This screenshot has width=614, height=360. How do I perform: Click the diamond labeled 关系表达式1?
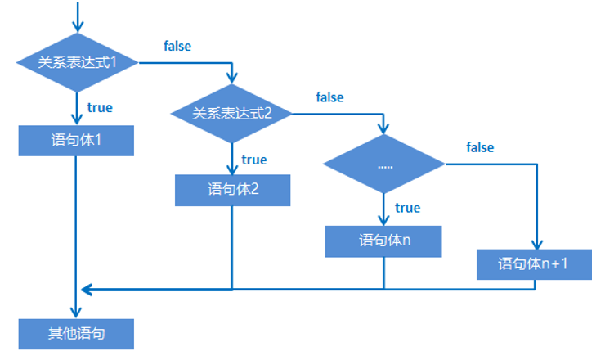click(x=77, y=62)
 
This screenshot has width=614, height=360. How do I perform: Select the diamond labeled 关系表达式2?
click(x=231, y=114)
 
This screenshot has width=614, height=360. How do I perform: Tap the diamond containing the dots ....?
click(x=384, y=164)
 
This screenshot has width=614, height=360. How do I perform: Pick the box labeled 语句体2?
click(x=232, y=190)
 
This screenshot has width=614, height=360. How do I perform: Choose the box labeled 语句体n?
click(x=384, y=241)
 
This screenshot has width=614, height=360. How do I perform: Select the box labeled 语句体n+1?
click(x=535, y=264)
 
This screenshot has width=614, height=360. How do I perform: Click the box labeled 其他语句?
click(x=76, y=334)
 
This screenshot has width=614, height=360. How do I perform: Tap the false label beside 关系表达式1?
click(x=177, y=46)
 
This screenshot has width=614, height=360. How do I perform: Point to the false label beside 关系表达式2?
click(x=329, y=97)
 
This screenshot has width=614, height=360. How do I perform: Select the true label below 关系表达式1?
click(x=100, y=107)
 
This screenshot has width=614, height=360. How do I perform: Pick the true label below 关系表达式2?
click(x=254, y=160)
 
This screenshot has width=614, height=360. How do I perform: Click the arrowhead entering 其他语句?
click(x=77, y=313)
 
